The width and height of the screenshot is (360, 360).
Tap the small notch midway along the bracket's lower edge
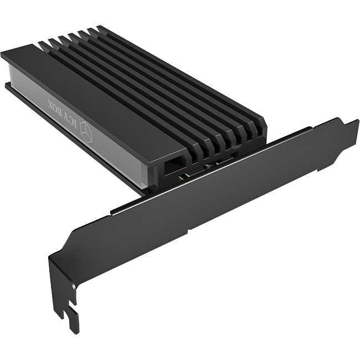[x=189, y=228]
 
